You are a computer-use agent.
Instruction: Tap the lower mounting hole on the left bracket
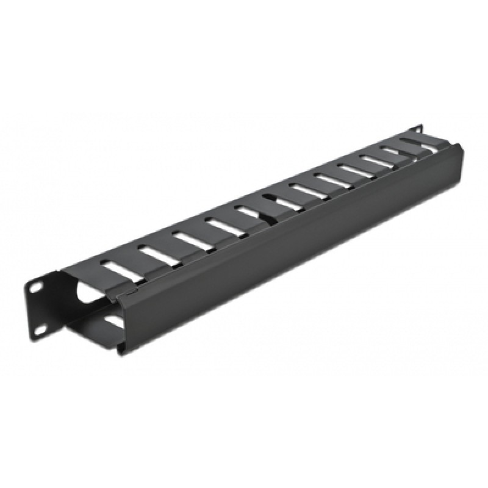(x=40, y=329)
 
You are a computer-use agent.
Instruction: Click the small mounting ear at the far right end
(x=420, y=130)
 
